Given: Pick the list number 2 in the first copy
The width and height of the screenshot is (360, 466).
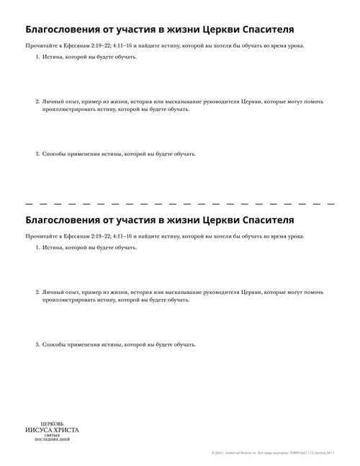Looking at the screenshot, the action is click(x=37, y=102).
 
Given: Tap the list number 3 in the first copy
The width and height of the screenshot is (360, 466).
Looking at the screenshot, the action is click(x=37, y=153).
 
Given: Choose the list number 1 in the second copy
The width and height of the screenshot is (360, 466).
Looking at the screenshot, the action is click(x=37, y=247).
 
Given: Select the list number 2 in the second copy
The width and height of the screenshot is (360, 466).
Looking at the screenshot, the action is click(x=37, y=292).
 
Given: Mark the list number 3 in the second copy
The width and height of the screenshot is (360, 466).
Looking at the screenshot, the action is click(x=37, y=344).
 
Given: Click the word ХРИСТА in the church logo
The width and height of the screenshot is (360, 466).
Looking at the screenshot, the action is click(x=65, y=430).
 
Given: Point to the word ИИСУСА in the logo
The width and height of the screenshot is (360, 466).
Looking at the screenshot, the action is click(x=37, y=430).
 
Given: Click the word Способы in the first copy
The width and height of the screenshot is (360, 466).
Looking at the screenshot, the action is click(x=54, y=153).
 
